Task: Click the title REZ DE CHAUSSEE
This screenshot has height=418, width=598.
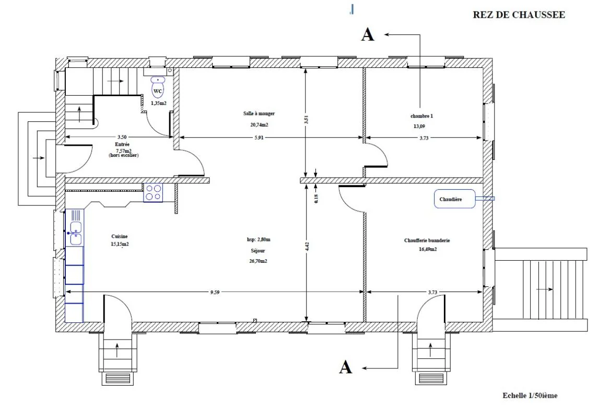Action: point(519,15)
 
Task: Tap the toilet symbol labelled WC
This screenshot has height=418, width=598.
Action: point(158,87)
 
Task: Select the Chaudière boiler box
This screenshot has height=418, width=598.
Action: point(454,199)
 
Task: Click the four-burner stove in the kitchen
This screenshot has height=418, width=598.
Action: point(153,192)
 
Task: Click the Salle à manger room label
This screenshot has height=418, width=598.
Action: point(259,113)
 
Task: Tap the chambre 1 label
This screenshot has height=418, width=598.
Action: point(422,116)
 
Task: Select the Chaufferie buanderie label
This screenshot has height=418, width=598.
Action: point(427,241)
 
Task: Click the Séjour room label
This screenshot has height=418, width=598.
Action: point(258,251)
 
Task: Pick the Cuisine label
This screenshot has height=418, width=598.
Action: point(120,237)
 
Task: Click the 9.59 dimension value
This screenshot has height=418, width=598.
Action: point(215,293)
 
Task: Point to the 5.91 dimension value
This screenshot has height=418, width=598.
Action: point(259,138)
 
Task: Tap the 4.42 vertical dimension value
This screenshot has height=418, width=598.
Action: point(307,247)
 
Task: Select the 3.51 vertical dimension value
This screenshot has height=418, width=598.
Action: point(306,120)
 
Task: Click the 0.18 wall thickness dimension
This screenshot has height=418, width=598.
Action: point(316,199)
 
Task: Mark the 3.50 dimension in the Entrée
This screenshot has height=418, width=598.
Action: point(122,137)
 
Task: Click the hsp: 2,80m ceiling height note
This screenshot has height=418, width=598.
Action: point(259,239)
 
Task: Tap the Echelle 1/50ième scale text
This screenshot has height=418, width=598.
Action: point(530,396)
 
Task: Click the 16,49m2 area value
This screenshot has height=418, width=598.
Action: point(428,249)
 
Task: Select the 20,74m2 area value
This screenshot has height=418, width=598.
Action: point(259,125)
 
